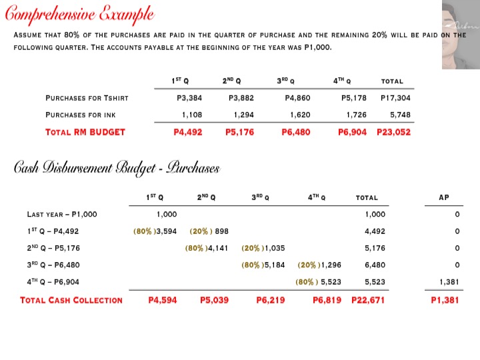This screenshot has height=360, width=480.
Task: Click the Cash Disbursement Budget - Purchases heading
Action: (117, 168)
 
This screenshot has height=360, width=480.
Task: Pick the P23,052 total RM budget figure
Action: (393, 132)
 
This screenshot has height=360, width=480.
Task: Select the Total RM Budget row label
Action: (85, 132)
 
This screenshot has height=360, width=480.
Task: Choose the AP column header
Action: (444, 197)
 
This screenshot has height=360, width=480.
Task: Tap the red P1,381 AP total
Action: (445, 300)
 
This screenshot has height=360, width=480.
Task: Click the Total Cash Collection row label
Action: (71, 300)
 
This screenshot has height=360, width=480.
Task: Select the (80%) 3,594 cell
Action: (155, 231)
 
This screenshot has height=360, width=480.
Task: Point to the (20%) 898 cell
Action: (209, 231)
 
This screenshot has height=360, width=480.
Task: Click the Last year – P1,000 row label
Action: (62, 215)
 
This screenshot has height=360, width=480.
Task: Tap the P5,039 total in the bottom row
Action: (214, 300)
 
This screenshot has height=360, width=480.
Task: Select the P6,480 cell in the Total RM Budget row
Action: (296, 132)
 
